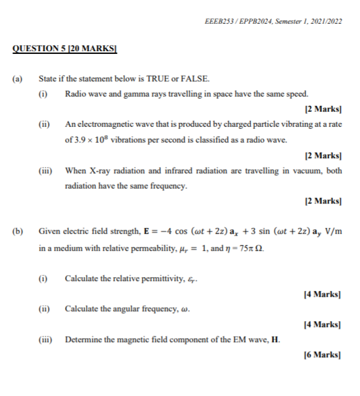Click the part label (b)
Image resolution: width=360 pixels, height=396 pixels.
[x=18, y=232]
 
